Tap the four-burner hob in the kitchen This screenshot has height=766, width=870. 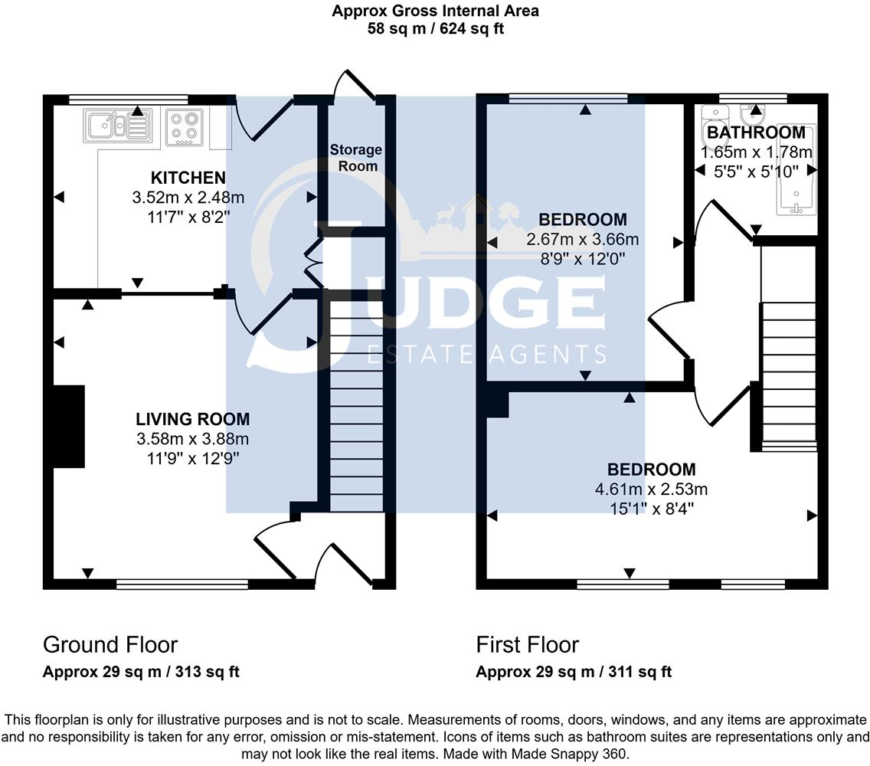184,127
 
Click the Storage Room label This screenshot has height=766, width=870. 356,157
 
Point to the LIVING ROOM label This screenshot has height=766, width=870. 192,419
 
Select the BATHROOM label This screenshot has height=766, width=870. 755,133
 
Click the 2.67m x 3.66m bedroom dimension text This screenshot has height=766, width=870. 582,240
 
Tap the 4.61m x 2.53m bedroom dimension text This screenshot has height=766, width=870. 652,489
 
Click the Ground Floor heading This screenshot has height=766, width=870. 110,644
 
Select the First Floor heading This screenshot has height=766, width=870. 528,644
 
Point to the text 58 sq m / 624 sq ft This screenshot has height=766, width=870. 434,29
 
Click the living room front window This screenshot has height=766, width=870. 182,584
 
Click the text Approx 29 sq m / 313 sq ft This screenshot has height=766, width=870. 141,673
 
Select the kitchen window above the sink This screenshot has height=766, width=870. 128,99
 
